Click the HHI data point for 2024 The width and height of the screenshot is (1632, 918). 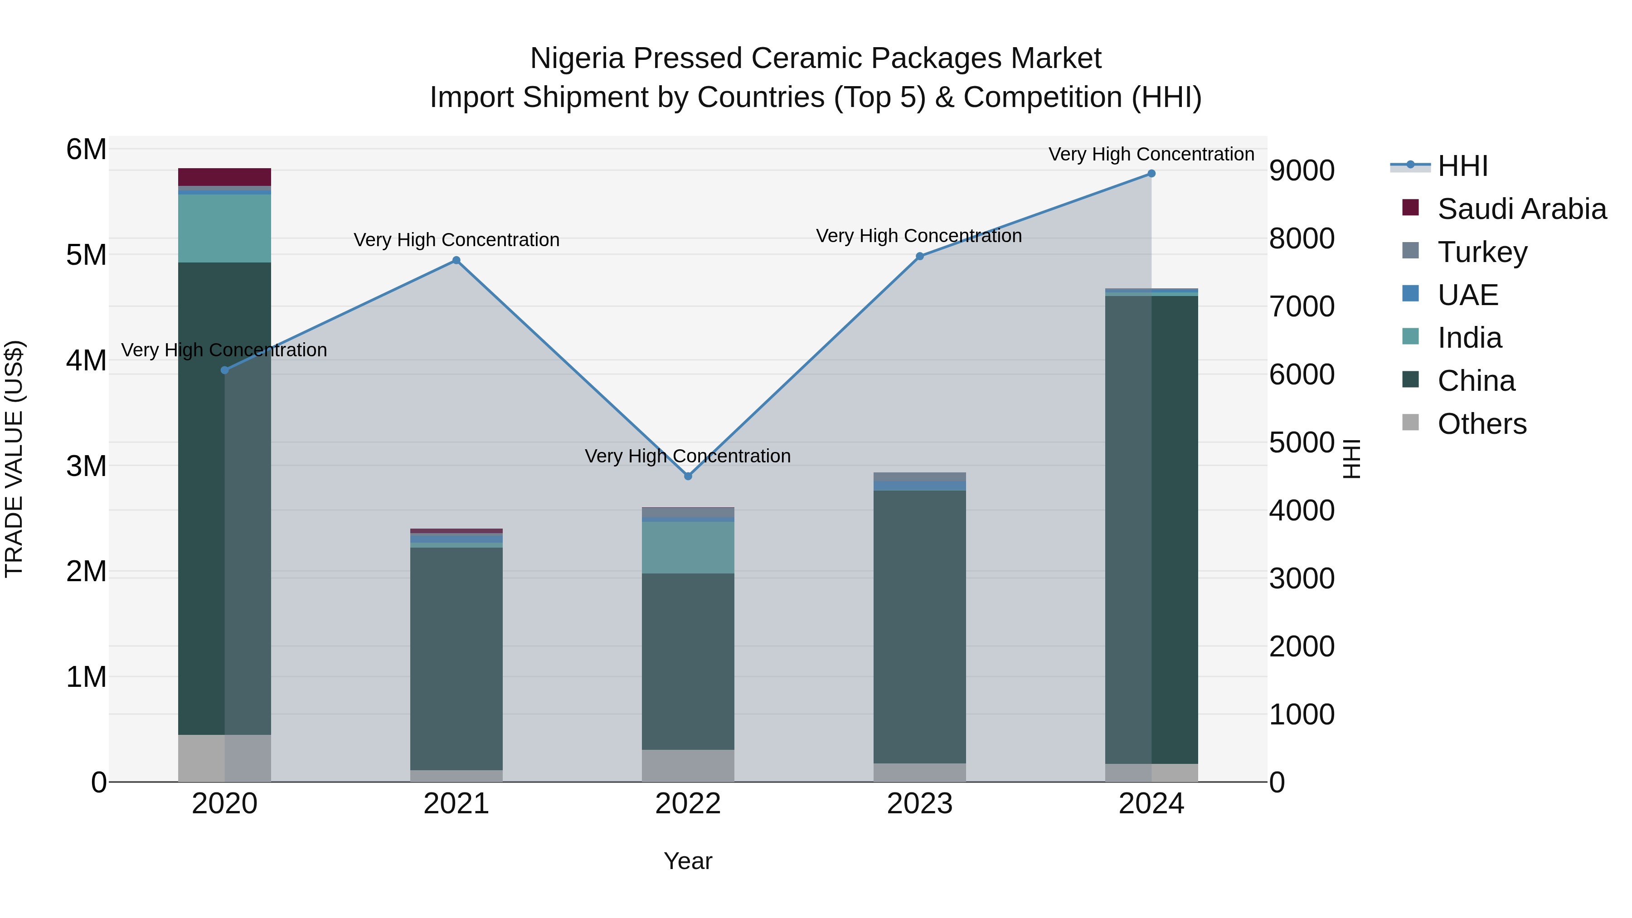(1151, 174)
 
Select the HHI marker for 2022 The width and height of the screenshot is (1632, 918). (688, 476)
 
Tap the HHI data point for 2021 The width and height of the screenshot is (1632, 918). (456, 260)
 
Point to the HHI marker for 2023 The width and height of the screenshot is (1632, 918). (920, 257)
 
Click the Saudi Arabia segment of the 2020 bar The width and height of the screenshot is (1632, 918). (224, 177)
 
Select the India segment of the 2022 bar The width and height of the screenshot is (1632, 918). (688, 547)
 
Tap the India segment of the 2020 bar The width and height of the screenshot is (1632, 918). (224, 228)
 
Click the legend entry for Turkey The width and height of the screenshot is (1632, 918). (1482, 252)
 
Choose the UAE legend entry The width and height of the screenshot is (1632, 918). (1467, 295)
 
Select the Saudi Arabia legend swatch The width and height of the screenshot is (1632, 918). (1410, 208)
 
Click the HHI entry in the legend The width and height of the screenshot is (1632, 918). (1462, 166)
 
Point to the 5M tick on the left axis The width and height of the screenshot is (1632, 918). (87, 255)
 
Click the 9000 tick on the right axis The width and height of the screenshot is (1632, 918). (1302, 170)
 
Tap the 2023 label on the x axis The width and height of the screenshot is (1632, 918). (920, 804)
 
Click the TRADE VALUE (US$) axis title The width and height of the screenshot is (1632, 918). (14, 459)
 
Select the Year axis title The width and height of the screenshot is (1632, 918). (688, 861)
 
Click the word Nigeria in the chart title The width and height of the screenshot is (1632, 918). (575, 58)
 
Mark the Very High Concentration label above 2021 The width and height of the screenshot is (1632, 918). (456, 240)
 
